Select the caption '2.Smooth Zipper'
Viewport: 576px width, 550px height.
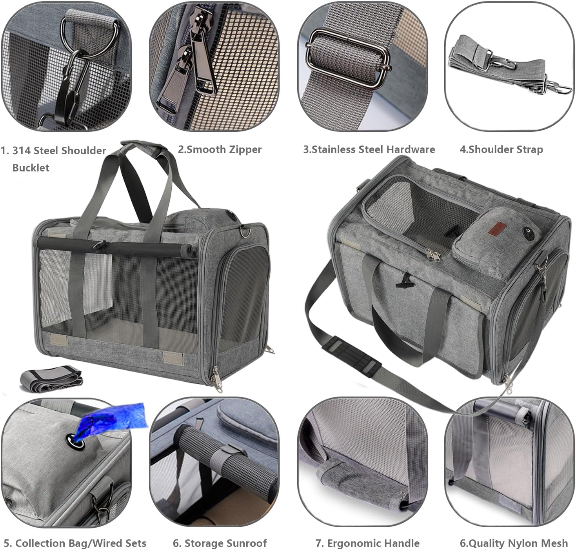[220, 149]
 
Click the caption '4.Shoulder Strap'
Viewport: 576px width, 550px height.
[501, 149]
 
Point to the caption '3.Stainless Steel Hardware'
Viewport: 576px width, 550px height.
[369, 149]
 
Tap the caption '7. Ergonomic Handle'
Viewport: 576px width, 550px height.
[367, 543]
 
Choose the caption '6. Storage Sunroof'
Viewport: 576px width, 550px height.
[220, 543]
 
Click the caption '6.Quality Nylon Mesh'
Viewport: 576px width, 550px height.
[514, 543]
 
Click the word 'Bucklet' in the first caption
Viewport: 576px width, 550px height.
[31, 168]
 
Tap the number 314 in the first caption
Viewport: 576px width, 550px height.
[24, 151]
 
